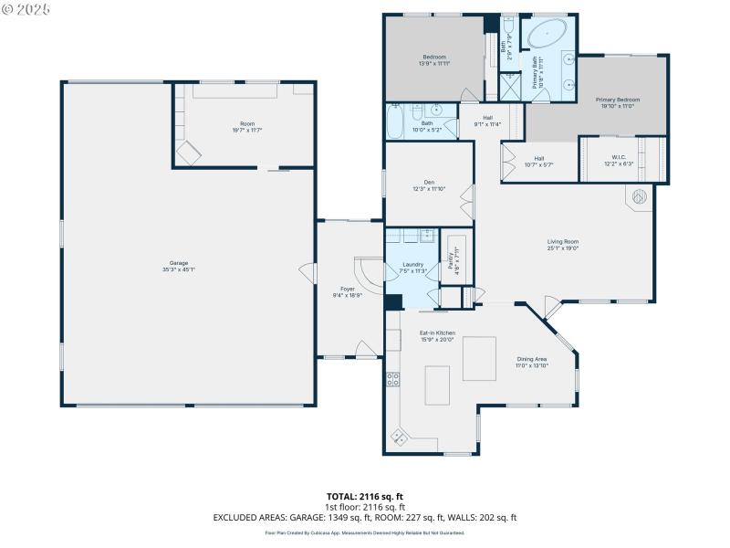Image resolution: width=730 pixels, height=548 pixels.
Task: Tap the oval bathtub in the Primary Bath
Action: [546, 37]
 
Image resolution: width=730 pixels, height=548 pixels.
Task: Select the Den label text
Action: [429, 183]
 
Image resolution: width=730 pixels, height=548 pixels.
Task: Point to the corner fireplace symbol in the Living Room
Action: [640, 195]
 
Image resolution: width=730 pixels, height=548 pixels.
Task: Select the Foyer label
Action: [347, 289]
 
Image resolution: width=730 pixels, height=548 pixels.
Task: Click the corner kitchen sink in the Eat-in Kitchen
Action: [400, 435]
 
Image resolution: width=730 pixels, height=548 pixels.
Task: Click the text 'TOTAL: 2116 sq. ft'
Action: [364, 497]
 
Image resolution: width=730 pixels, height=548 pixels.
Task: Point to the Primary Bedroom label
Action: [618, 100]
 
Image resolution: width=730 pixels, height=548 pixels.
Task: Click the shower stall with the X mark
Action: [508, 86]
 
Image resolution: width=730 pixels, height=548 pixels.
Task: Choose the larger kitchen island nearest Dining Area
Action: [479, 358]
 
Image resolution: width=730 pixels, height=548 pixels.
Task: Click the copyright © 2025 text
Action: [26, 8]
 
